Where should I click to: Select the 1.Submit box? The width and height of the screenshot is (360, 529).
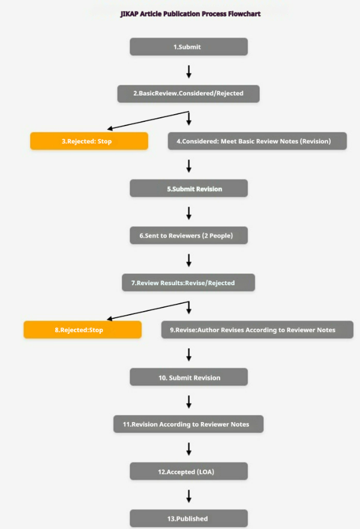pyautogui.click(x=189, y=47)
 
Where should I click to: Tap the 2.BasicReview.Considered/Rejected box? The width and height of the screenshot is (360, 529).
pyautogui.click(x=188, y=94)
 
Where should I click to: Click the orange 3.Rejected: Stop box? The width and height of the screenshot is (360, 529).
pyautogui.click(x=89, y=141)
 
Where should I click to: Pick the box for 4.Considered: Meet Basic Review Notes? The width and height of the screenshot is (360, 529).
pyautogui.click(x=257, y=141)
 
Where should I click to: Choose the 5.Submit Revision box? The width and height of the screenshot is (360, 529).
pyautogui.click(x=189, y=189)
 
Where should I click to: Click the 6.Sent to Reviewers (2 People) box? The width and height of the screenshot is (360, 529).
pyautogui.click(x=189, y=235)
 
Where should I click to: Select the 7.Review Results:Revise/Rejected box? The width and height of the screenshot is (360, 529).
pyautogui.click(x=188, y=282)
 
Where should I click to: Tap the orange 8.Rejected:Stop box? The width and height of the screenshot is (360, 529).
pyautogui.click(x=83, y=330)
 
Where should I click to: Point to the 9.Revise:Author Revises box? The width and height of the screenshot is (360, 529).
pyautogui.click(x=257, y=330)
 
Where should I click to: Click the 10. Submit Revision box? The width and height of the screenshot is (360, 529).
pyautogui.click(x=189, y=377)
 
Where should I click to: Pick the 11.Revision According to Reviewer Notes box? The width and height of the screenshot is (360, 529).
pyautogui.click(x=188, y=424)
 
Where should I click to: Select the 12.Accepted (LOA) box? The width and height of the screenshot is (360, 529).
pyautogui.click(x=189, y=471)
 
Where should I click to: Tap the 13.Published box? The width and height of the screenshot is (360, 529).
pyautogui.click(x=189, y=518)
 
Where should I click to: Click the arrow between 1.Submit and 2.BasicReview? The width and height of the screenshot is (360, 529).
pyautogui.click(x=189, y=71)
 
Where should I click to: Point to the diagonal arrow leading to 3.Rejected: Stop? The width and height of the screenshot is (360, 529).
pyautogui.click(x=148, y=121)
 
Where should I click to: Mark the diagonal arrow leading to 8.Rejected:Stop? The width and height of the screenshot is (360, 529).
pyautogui.click(x=148, y=310)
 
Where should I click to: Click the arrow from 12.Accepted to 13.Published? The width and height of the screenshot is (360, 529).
pyautogui.click(x=189, y=496)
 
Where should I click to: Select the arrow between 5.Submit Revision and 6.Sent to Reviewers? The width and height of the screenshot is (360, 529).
pyautogui.click(x=189, y=213)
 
